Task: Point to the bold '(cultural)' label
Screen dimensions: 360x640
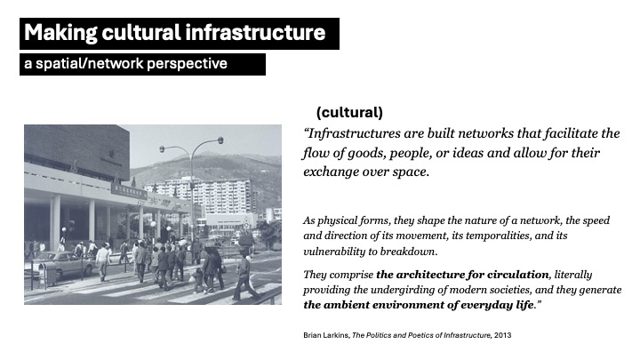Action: tap(349, 113)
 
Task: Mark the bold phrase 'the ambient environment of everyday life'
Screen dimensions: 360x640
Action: tap(417, 304)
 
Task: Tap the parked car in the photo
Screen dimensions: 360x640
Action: tap(60, 264)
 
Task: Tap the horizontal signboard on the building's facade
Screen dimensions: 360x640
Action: tap(129, 190)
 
